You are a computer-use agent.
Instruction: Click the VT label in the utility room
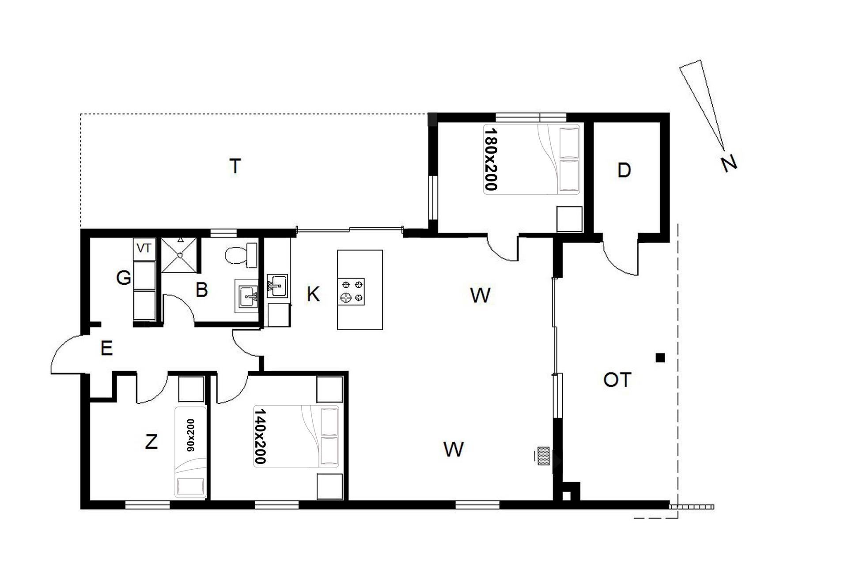pos(144,249)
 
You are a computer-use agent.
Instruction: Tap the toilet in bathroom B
pos(240,255)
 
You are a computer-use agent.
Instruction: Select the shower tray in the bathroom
pos(179,256)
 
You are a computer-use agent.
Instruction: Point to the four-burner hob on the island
pos(352,291)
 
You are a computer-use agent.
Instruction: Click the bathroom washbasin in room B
pos(246,295)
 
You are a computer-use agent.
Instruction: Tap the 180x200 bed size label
pos(491,160)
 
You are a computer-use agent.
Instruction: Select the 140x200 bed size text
pos(260,436)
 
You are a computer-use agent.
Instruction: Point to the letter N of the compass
pos(729,163)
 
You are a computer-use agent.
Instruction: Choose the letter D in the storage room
pos(624,170)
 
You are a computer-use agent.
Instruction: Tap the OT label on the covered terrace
pos(617,380)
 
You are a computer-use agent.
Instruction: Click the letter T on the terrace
pos(235,166)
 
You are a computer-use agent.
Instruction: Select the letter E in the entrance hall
pos(107,348)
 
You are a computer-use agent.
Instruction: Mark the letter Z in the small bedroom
pos(151,441)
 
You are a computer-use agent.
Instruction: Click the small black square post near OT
pos(660,358)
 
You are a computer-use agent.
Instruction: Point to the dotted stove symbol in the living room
pos(543,456)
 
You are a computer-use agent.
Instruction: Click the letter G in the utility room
pos(124,278)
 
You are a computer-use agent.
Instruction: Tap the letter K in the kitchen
pos(313,294)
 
